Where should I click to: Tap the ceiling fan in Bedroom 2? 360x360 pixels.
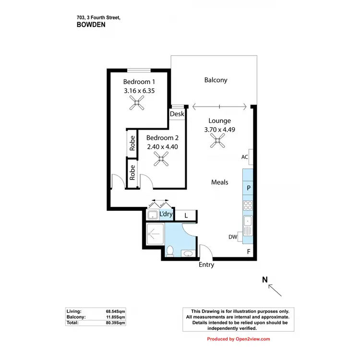click(162, 159)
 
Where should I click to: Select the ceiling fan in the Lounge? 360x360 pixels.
click(217, 140)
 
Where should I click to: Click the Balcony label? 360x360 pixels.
click(216, 80)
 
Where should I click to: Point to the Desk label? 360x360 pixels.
click(177, 114)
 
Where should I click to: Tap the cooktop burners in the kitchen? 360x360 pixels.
click(248, 205)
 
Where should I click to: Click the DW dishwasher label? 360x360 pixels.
click(233, 236)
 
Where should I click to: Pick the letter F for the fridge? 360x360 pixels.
click(249, 252)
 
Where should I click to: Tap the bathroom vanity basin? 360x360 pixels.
click(187, 253)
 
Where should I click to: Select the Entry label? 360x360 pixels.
click(206, 265)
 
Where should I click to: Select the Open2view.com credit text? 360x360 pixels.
click(238, 339)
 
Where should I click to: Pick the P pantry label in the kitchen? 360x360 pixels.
click(248, 188)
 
